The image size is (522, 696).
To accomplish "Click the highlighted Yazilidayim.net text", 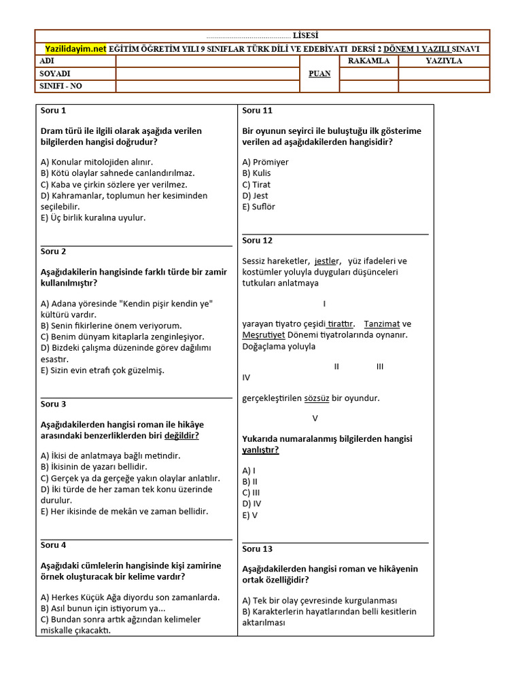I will coord(75,49).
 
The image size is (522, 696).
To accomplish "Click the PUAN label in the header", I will coord(319,73).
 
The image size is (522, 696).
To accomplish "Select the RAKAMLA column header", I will coord(368,60).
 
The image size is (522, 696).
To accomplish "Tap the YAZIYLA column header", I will coord(443,60).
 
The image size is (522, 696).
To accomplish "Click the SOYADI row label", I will coord(55,73).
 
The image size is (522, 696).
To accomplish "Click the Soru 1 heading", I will coord(53,110).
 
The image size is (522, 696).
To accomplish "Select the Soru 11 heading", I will coord(257,110).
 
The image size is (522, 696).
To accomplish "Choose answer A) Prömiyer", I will coord(265,162).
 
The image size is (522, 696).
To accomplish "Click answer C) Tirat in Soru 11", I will coord(256,184).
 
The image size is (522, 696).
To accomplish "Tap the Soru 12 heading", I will coord(257,240).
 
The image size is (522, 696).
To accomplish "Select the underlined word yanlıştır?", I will coord(260,450).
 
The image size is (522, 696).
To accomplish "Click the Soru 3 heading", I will coord(53,404).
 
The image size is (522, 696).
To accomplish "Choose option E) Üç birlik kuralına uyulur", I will coord(93,217).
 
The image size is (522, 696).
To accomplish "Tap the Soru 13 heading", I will coord(257,549).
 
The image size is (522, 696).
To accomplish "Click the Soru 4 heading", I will coord(53,544).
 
